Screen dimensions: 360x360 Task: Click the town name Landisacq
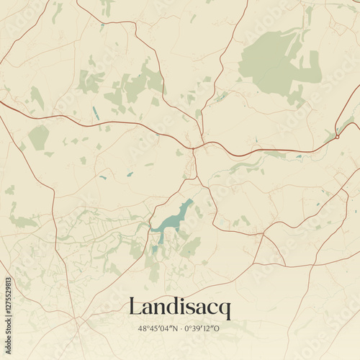click(180, 308)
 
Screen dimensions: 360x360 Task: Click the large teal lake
click(173, 219)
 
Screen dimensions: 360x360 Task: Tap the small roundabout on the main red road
click(336, 136)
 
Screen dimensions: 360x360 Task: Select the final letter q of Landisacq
click(225, 310)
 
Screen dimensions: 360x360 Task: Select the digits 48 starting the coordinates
click(142, 329)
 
